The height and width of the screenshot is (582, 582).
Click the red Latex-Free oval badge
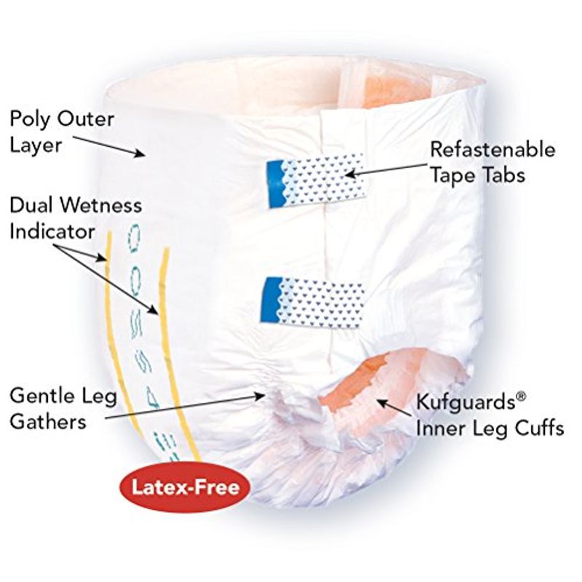pos(186,487)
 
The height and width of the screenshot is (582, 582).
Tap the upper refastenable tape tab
pos(317,180)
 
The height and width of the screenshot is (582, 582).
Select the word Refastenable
pos(493,150)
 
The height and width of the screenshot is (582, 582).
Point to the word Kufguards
pos(466,402)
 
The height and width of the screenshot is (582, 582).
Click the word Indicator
pos(52,231)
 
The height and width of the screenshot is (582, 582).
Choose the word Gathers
pos(48,422)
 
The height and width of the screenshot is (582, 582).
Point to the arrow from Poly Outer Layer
pos(108,146)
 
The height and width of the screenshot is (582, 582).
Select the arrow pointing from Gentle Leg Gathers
pos(185,407)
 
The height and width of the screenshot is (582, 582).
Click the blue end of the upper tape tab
pos(276,183)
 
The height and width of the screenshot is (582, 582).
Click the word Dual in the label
pos(31,206)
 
